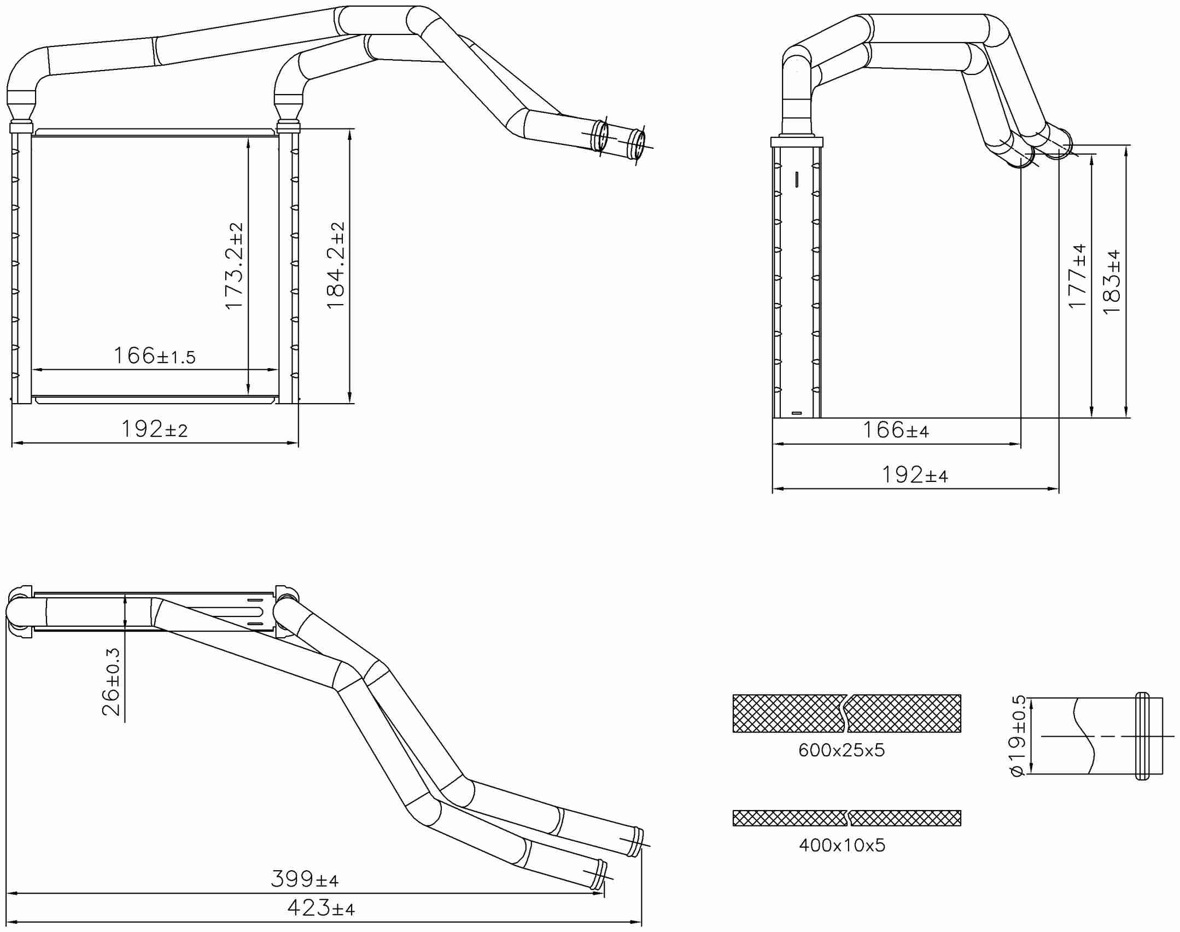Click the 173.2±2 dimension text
(x=234, y=266)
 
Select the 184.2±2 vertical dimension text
(x=336, y=266)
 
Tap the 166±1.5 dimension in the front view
(x=154, y=356)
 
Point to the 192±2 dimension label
(x=154, y=430)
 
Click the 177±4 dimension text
(x=1077, y=276)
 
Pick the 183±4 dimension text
(x=1112, y=282)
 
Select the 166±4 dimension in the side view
(x=896, y=430)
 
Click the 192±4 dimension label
(x=914, y=475)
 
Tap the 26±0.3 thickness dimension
(x=111, y=682)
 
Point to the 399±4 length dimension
(x=305, y=879)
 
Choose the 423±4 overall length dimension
(x=321, y=908)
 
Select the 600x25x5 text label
(x=841, y=750)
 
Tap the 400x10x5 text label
(x=842, y=846)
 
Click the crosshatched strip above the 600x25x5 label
(x=846, y=713)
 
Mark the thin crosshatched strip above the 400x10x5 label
(x=846, y=818)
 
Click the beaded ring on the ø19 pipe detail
(x=1142, y=736)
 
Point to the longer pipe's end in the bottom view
(x=637, y=842)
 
